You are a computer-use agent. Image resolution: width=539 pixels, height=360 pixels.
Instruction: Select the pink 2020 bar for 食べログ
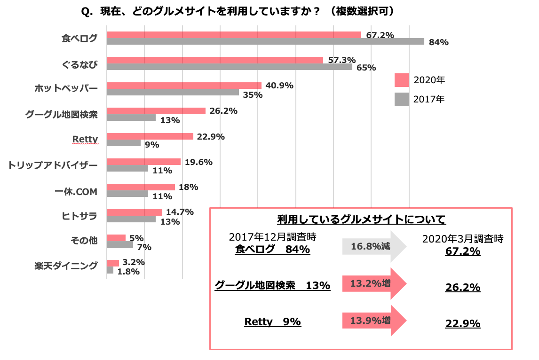(233, 35)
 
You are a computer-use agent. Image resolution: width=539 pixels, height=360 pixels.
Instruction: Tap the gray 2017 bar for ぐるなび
(229, 67)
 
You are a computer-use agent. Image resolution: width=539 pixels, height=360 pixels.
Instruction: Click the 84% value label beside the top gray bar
(438, 42)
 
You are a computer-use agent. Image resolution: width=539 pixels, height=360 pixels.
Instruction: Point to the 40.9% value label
(279, 86)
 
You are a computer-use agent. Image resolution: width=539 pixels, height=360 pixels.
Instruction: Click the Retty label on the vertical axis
(85, 139)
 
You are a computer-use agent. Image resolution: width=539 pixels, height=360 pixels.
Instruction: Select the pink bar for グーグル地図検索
(156, 111)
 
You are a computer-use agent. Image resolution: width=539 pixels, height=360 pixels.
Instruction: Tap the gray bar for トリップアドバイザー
(127, 169)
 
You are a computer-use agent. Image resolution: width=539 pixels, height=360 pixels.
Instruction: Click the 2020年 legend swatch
(401, 80)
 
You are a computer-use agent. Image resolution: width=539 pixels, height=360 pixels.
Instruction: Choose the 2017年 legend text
(428, 99)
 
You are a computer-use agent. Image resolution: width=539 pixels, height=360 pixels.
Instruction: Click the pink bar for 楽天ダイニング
(112, 263)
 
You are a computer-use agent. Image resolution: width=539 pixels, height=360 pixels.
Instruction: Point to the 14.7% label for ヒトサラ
(180, 212)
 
